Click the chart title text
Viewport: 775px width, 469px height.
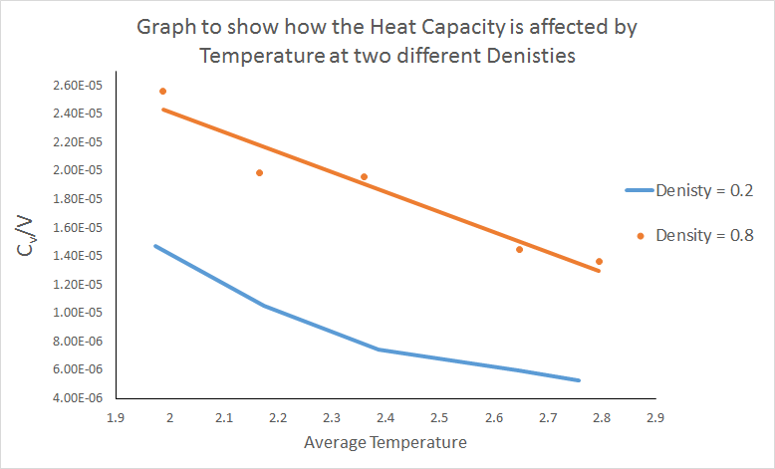[387, 41]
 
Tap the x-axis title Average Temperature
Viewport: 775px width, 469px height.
[387, 440]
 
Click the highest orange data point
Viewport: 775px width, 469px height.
[162, 92]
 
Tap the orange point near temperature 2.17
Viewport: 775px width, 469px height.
[260, 173]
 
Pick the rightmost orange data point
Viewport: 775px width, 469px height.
[599, 262]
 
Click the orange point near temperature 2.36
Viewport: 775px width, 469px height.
[364, 177]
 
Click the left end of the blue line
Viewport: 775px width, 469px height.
[155, 246]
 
